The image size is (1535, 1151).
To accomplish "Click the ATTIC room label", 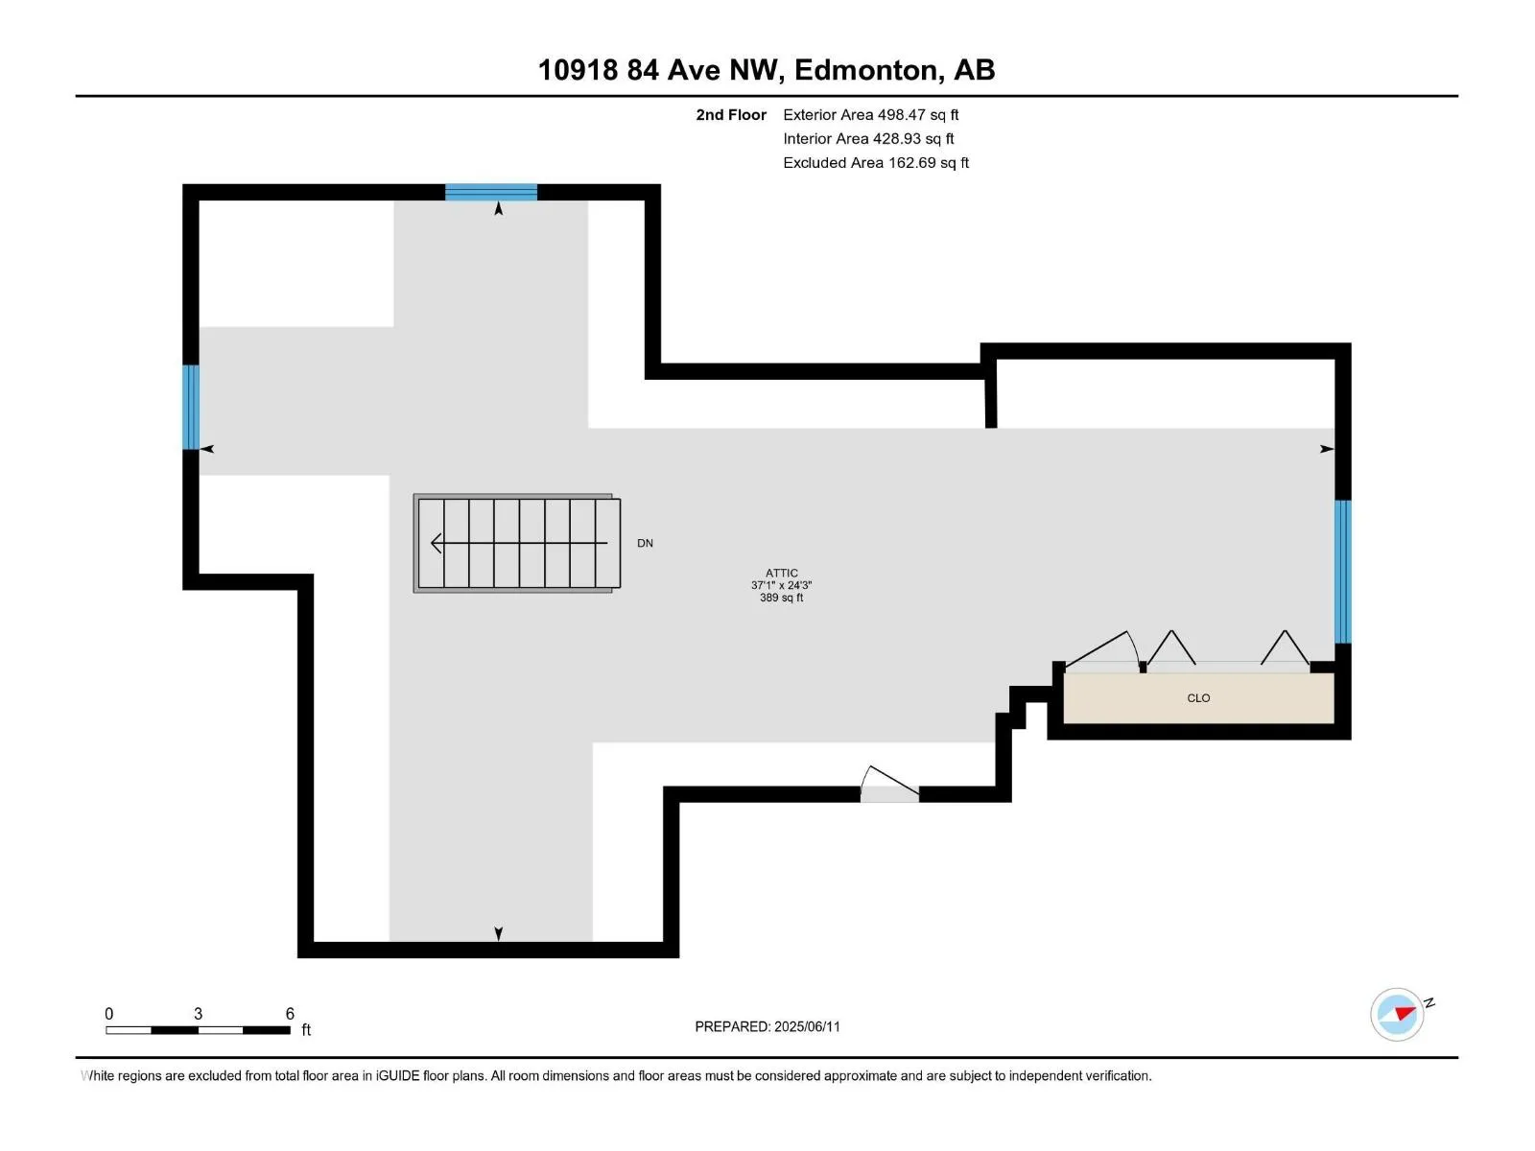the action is (x=781, y=573).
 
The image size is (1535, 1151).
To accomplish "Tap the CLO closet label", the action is (x=1198, y=697).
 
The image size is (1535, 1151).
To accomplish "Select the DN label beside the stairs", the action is (x=645, y=543).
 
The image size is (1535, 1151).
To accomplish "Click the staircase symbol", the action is (x=517, y=543).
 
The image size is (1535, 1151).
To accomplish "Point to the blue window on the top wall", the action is (x=491, y=192).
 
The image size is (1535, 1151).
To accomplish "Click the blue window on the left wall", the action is (x=191, y=408).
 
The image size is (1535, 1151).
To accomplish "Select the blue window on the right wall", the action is (x=1343, y=572).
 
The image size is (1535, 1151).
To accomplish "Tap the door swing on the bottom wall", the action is (x=889, y=784).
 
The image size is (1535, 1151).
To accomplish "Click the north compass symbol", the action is (x=1397, y=1015).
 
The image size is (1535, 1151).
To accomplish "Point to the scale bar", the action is (x=198, y=1030).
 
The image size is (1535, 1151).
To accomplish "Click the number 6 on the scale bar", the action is (x=290, y=1013).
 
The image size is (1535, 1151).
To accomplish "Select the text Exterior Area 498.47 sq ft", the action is (x=871, y=114).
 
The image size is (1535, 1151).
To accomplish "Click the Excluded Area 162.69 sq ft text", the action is (x=876, y=163).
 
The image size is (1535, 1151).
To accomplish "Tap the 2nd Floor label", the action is (x=731, y=114).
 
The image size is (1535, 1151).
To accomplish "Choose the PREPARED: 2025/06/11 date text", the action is (x=767, y=1026).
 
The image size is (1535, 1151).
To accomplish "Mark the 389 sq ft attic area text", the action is (x=781, y=598).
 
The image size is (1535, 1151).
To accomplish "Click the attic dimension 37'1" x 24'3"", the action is (x=781, y=585).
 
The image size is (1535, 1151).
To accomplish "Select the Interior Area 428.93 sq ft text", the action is (x=868, y=138).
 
